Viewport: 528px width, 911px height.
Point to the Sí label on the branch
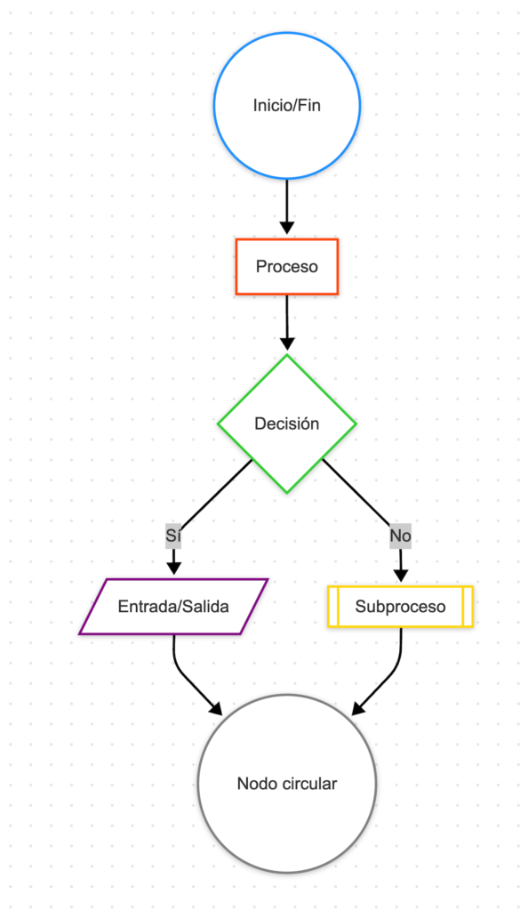pos(173,536)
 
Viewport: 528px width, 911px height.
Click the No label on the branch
pos(401,536)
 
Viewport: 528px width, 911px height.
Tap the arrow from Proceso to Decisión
pos(287,320)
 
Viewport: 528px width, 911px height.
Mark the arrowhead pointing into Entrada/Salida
pos(174,567)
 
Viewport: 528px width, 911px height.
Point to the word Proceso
pos(287,266)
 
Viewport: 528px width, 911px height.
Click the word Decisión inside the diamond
pos(287,424)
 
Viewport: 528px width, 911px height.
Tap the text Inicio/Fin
pos(287,106)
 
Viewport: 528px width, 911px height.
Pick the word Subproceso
pos(400,607)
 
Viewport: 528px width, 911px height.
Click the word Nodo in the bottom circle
pos(256,784)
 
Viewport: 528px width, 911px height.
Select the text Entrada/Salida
pos(174,607)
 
